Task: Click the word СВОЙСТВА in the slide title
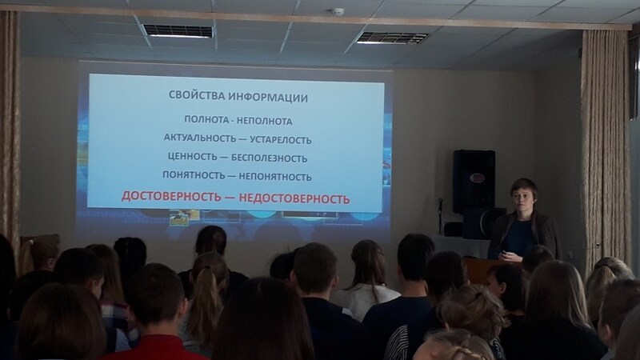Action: [x=197, y=95]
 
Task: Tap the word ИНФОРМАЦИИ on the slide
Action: [x=268, y=98]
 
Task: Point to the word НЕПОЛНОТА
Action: [x=265, y=122]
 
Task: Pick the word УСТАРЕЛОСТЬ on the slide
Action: [x=281, y=140]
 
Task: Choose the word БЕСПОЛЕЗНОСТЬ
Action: [x=269, y=158]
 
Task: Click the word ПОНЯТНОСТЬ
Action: [x=194, y=174]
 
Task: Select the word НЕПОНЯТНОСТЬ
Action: [x=275, y=177]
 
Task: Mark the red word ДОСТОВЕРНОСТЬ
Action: [x=171, y=196]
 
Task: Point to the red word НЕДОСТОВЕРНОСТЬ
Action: [x=294, y=198]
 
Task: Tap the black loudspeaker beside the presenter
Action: [x=474, y=182]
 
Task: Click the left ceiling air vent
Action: [x=178, y=31]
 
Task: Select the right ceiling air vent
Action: [x=392, y=38]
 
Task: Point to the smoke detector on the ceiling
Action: [x=338, y=11]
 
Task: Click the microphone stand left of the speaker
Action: [x=441, y=215]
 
